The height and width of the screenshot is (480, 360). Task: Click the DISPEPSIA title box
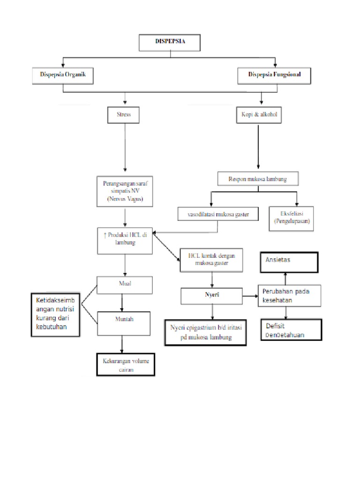tap(170, 43)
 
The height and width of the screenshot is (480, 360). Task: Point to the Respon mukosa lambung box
tap(258, 179)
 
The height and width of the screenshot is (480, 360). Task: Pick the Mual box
tap(124, 284)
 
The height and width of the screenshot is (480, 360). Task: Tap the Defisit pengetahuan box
tap(291, 330)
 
